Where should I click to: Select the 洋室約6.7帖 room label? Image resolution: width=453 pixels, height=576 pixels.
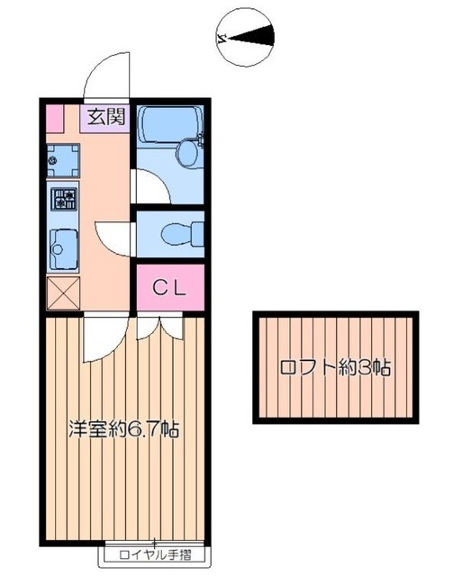pos(124,428)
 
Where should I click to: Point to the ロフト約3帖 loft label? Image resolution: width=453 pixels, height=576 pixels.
pos(335,368)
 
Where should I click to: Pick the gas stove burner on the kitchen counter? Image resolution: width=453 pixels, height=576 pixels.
pos(63,199)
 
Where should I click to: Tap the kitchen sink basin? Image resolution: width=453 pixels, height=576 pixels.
pos(63,246)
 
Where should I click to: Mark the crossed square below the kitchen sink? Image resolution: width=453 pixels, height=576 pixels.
pos(63,292)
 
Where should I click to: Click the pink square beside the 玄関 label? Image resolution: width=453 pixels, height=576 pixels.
pos(56,117)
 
